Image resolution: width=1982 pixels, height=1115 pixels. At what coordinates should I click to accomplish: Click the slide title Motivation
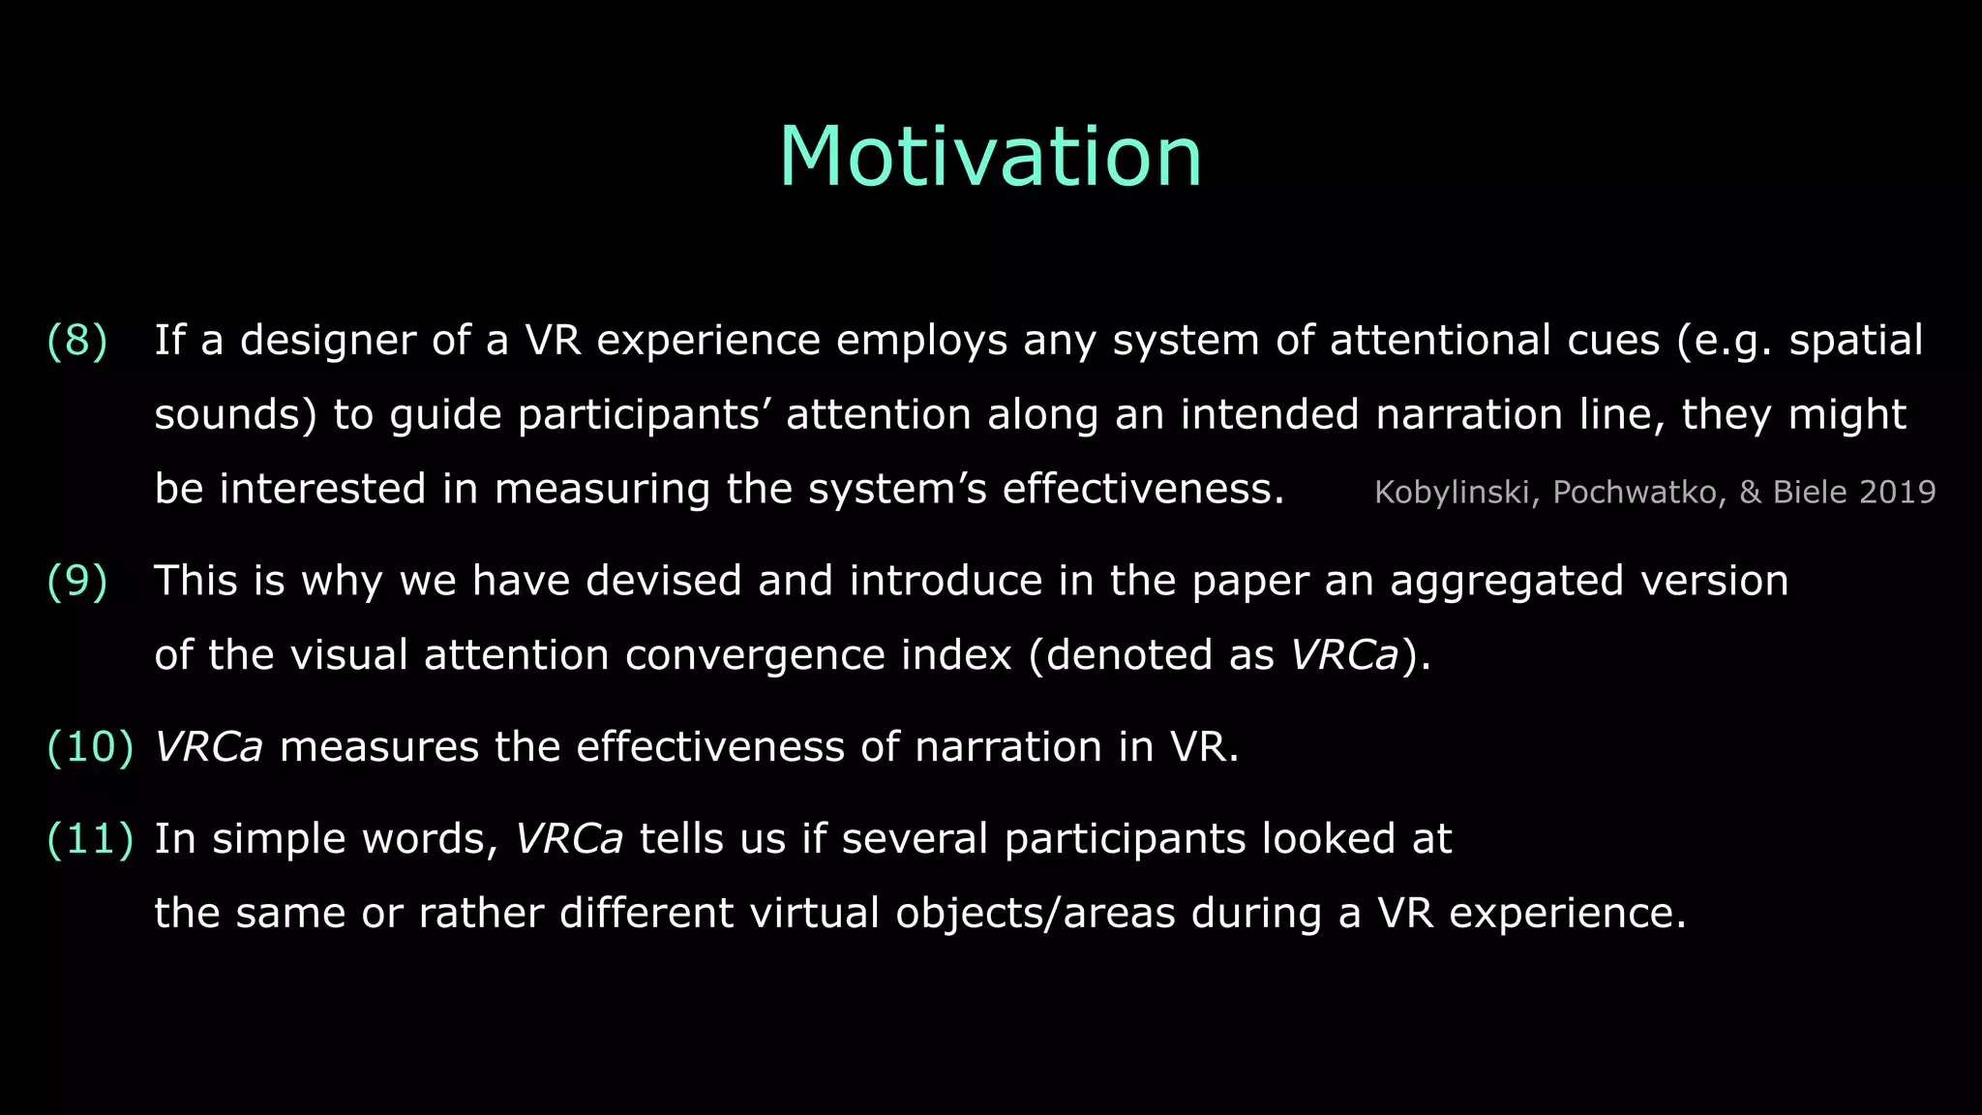point(990,157)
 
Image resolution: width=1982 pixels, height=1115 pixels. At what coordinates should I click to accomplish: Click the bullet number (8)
point(77,341)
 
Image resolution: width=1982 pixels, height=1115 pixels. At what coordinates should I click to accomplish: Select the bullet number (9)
point(77,581)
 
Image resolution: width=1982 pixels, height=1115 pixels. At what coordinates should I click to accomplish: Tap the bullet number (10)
point(90,747)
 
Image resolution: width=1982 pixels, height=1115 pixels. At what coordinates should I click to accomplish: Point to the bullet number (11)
point(90,839)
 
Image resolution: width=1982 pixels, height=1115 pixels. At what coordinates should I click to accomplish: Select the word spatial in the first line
point(1855,341)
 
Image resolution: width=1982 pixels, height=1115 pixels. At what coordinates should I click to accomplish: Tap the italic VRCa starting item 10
point(209,747)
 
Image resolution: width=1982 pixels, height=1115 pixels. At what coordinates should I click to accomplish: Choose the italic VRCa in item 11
point(569,839)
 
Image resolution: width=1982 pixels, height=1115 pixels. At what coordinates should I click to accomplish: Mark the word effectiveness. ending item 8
point(1142,489)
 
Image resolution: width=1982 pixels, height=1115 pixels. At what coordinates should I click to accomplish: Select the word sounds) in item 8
point(235,414)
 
